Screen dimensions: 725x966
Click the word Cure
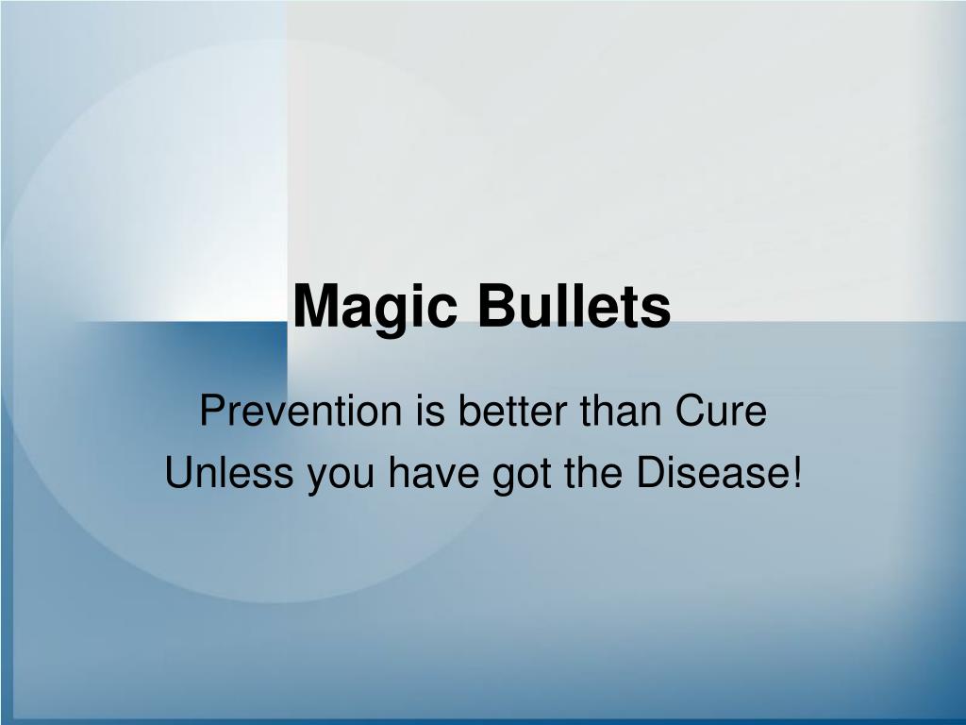click(x=724, y=413)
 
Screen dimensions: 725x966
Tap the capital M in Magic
click(x=314, y=307)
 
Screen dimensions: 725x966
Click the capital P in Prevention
click(x=210, y=413)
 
